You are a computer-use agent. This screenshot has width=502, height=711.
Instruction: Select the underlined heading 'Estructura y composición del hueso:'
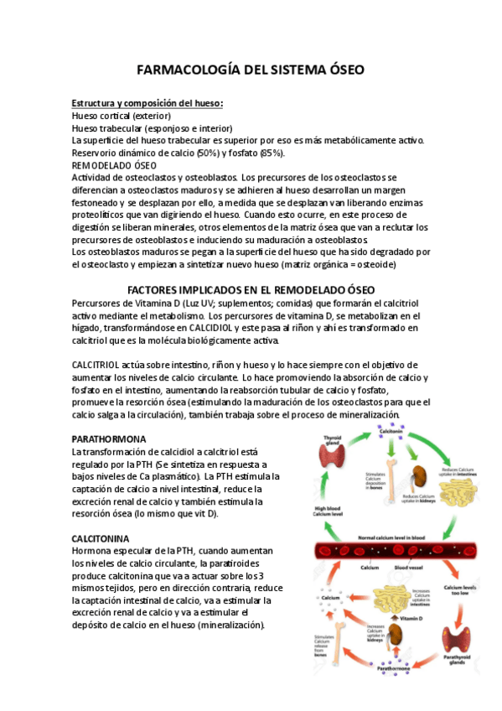(147, 103)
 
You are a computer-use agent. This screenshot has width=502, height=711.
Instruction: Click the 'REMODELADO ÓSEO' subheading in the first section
(110, 165)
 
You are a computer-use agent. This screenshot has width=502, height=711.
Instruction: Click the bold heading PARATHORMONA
(109, 439)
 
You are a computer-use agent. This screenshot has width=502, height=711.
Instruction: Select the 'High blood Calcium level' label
(327, 511)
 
